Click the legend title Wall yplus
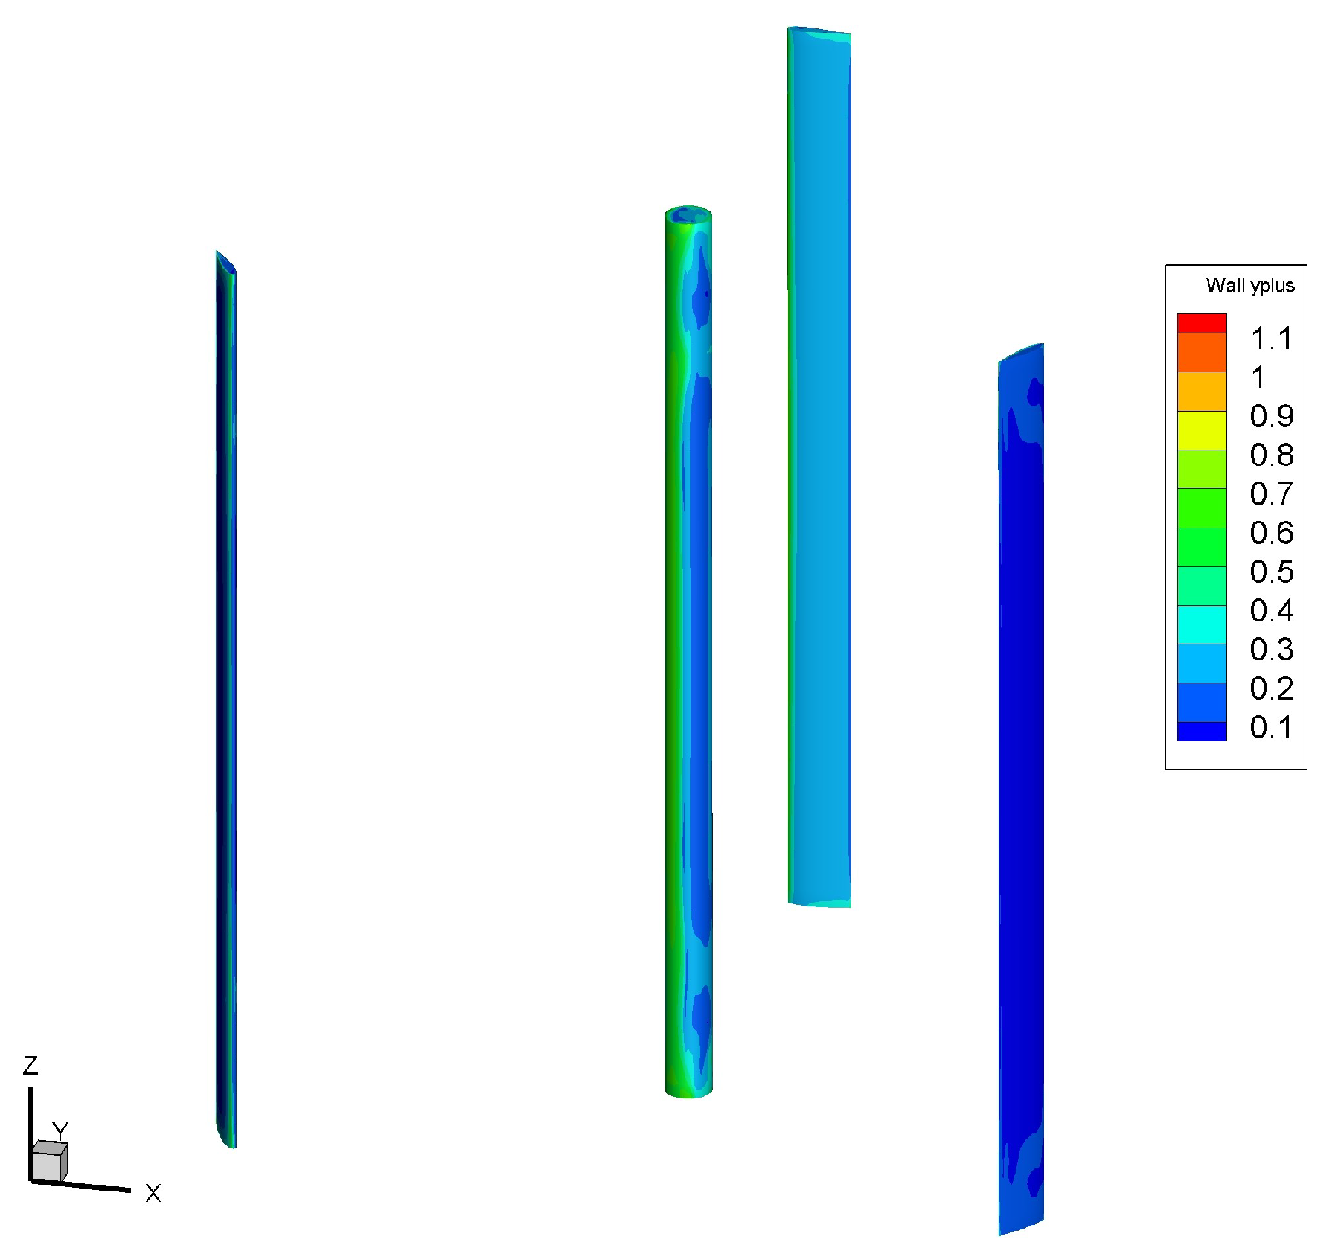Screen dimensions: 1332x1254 (1249, 286)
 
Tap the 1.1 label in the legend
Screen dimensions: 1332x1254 (1272, 339)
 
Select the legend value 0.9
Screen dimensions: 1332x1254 (1272, 416)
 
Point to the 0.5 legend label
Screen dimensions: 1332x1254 (1272, 572)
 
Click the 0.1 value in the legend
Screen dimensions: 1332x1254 (1272, 727)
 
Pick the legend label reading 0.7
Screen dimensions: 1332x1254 (1272, 493)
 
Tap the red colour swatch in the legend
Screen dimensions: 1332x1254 (1202, 323)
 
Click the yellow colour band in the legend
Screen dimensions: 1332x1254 (1202, 430)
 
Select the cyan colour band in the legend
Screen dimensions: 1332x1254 (1202, 624)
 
